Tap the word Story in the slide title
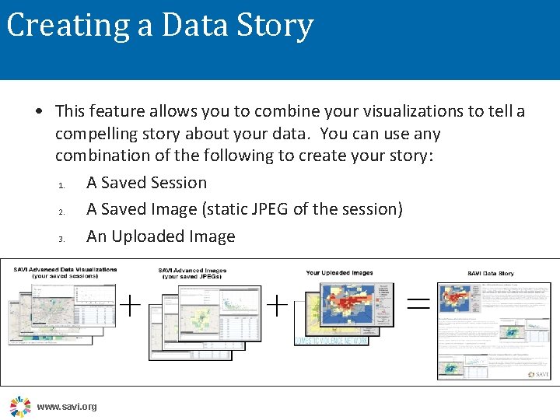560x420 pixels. pos(275,26)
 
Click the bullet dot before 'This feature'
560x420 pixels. pos(38,112)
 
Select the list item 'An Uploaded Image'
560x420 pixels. pos(160,236)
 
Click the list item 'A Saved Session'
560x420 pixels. pos(146,183)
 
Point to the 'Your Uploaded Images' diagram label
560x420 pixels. pos(340,273)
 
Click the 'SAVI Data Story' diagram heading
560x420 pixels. pos(490,274)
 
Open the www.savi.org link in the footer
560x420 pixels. pos(67,407)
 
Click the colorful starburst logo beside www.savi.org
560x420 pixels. pos(20,406)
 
